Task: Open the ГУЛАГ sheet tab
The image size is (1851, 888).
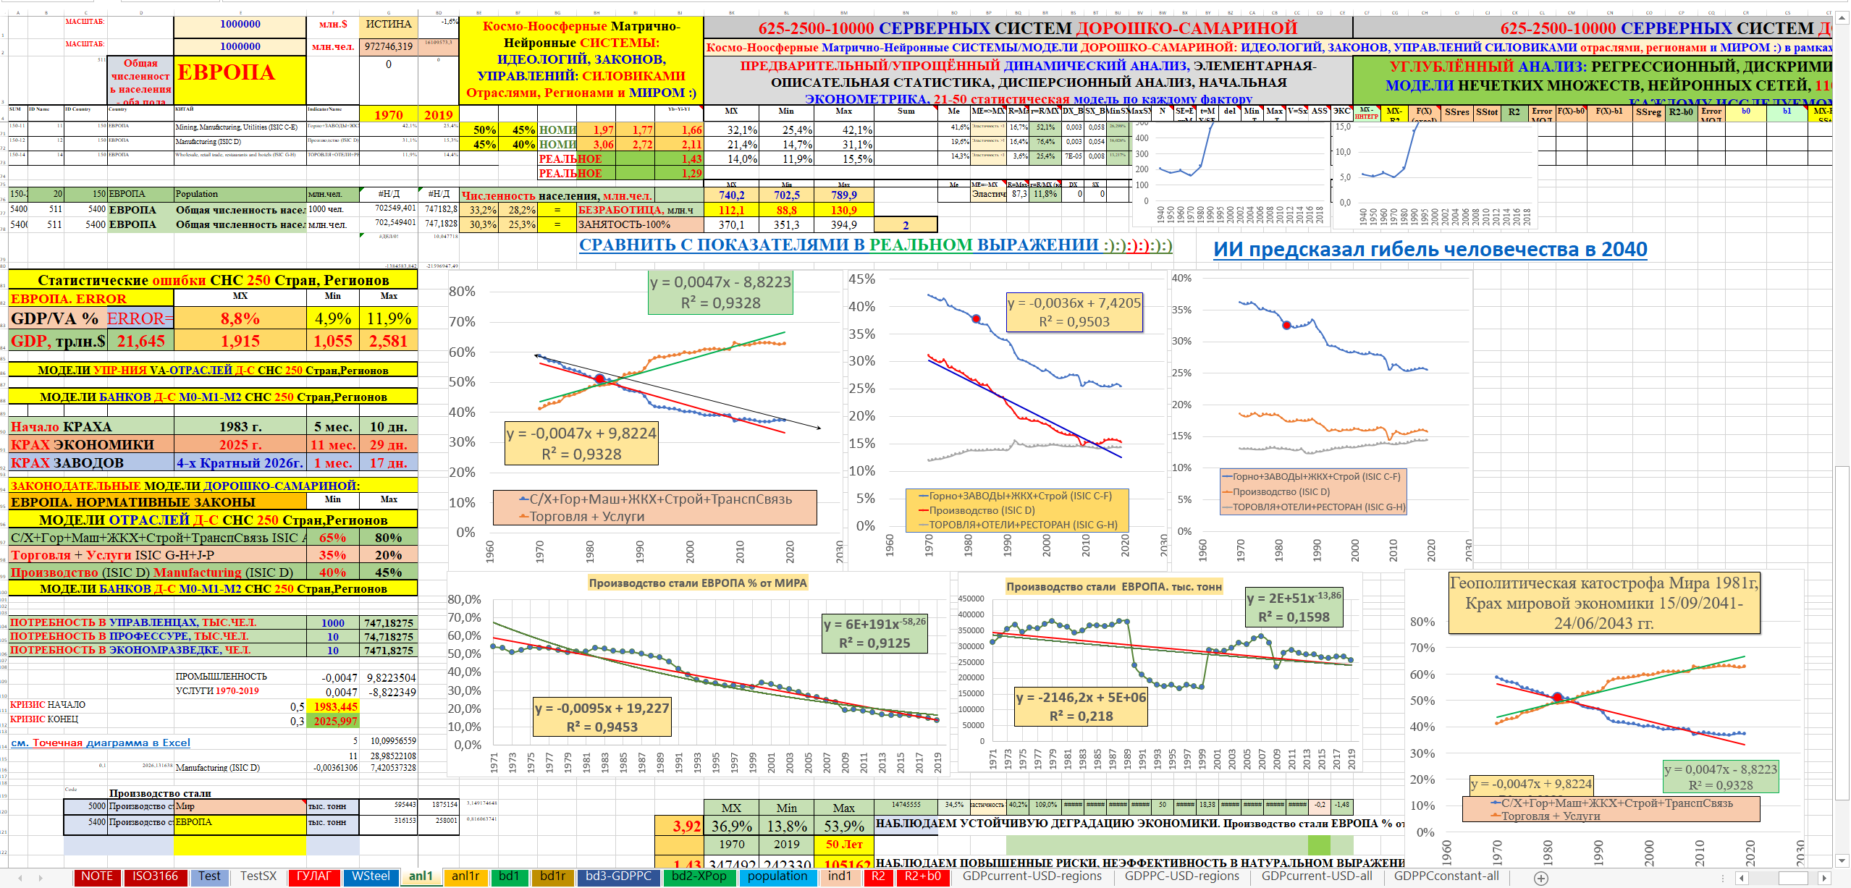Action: [313, 876]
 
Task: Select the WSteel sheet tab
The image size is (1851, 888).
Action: [371, 876]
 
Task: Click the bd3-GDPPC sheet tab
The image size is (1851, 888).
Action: [618, 876]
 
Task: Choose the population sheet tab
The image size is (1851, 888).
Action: [777, 876]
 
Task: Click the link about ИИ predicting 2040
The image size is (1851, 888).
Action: [1430, 250]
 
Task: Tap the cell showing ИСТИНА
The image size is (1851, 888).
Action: [389, 25]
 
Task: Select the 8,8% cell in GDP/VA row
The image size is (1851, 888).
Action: [240, 318]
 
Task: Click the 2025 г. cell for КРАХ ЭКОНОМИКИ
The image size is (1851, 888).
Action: [240, 444]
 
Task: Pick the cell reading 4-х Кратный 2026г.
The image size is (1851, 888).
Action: [240, 462]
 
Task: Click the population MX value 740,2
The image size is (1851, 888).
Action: [731, 195]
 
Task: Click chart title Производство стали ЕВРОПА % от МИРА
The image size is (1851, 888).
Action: [697, 583]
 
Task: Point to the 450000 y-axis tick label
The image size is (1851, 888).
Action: [971, 599]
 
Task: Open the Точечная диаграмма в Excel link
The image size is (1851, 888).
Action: [101, 743]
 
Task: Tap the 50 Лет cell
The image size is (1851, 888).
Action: [843, 844]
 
